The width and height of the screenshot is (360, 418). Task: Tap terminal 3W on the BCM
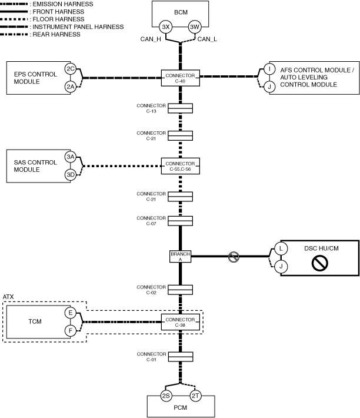pyautogui.click(x=195, y=27)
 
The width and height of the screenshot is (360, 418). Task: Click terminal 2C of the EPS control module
pyautogui.click(x=71, y=69)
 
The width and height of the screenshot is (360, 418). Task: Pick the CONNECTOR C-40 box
pyautogui.click(x=180, y=78)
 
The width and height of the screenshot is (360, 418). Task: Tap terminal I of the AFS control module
pyautogui.click(x=269, y=69)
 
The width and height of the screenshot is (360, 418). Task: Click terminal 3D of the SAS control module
pyautogui.click(x=71, y=175)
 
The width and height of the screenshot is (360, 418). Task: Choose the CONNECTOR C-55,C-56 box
pyautogui.click(x=180, y=165)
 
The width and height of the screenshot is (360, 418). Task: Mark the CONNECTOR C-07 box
pyautogui.click(x=180, y=221)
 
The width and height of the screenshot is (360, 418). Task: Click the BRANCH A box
pyautogui.click(x=180, y=256)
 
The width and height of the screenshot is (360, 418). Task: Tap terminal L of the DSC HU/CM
pyautogui.click(x=281, y=248)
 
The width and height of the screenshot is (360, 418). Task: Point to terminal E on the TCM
pyautogui.click(x=71, y=313)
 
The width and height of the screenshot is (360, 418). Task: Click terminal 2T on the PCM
pyautogui.click(x=195, y=396)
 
